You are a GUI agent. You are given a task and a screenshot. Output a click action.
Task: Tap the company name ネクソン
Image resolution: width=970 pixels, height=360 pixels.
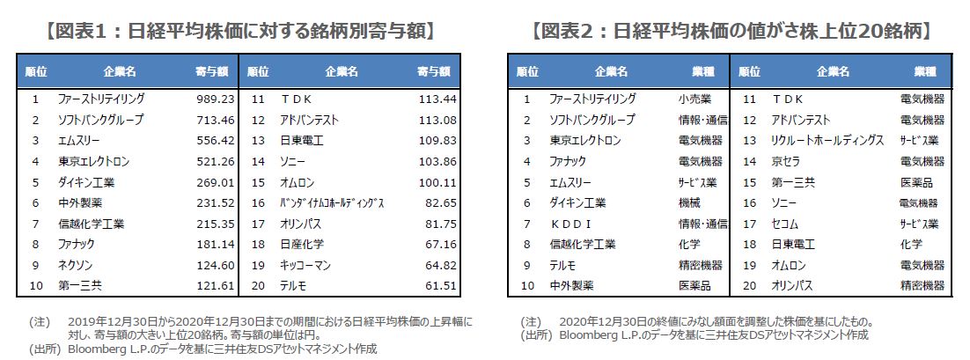(76, 265)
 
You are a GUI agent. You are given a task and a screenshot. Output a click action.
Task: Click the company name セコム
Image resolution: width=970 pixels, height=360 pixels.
(784, 224)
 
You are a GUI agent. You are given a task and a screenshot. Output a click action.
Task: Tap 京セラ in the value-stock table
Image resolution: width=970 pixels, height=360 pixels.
(786, 161)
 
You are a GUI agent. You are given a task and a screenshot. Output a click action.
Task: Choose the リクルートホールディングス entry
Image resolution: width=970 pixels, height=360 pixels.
(827, 140)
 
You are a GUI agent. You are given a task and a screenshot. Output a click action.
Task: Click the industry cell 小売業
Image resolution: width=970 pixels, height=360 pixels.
(694, 99)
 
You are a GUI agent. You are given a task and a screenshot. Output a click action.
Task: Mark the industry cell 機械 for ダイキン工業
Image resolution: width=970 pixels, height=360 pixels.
(688, 202)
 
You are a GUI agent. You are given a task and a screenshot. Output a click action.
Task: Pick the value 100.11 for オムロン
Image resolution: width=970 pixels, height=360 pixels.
(437, 182)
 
